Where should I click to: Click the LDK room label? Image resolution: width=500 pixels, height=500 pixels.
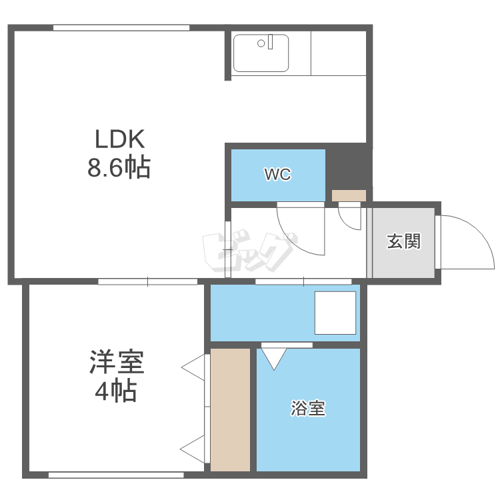click(120, 139)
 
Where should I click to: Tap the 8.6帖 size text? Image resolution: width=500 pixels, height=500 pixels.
click(119, 167)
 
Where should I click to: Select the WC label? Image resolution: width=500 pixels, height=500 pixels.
click(278, 175)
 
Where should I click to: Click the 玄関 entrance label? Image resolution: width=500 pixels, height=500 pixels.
click(404, 241)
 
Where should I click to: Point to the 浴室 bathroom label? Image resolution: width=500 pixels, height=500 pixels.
click(308, 408)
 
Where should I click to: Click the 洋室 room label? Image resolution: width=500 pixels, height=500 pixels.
click(117, 362)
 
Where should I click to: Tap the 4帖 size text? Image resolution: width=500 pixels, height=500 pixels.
click(116, 390)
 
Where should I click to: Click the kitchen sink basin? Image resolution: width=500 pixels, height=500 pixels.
click(261, 53)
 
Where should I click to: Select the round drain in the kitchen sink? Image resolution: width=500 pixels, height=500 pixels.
click(261, 43)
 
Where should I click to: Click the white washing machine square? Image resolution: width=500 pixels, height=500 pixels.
click(335, 313)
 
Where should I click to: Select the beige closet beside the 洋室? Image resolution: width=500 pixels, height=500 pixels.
click(230, 410)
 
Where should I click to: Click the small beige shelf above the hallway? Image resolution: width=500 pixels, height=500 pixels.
click(349, 195)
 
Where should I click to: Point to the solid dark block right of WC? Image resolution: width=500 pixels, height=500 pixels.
click(349, 167)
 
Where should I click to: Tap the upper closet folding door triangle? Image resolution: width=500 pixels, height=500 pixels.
click(193, 367)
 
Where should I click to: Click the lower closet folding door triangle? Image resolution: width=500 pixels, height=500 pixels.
click(193, 449)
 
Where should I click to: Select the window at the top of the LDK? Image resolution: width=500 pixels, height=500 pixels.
click(121, 28)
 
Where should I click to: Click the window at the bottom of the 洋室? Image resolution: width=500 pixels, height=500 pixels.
click(116, 475)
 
